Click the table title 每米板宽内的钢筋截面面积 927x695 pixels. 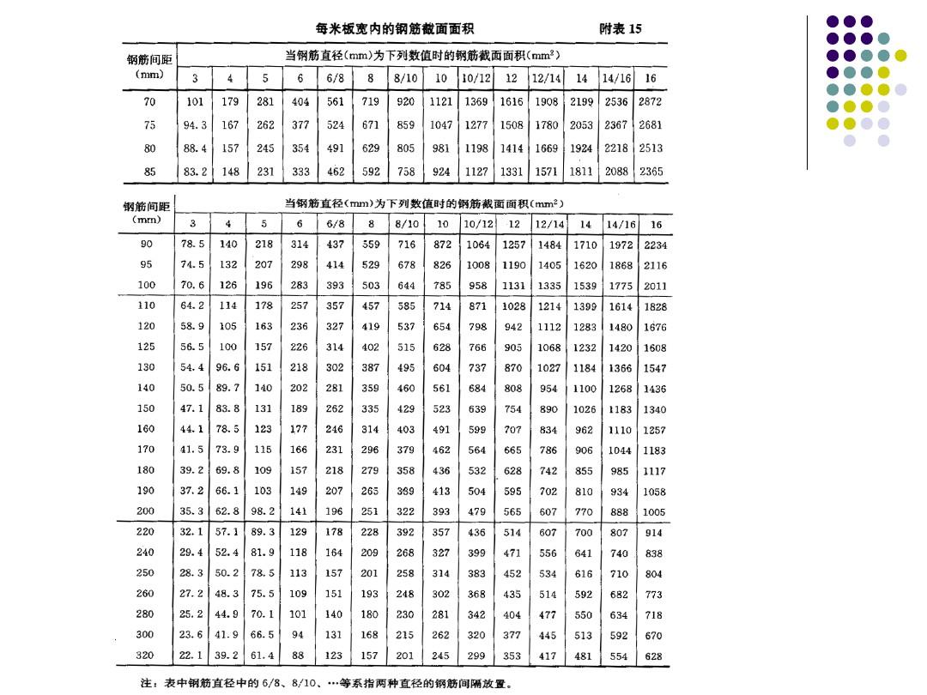click(x=394, y=28)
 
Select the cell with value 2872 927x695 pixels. click(x=650, y=101)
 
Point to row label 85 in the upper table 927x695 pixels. click(x=150, y=172)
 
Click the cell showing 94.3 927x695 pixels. click(x=195, y=124)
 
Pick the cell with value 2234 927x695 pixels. click(x=655, y=245)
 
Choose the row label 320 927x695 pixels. click(x=146, y=656)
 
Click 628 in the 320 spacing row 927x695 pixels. click(x=654, y=656)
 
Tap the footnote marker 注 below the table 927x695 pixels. click(x=147, y=685)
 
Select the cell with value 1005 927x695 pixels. click(x=654, y=512)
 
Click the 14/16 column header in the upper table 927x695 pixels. click(x=616, y=78)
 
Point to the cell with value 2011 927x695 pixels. click(x=655, y=286)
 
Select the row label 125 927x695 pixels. click(x=146, y=347)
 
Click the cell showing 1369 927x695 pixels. click(x=476, y=101)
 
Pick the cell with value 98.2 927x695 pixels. click(x=263, y=511)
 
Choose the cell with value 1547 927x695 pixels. click(x=655, y=368)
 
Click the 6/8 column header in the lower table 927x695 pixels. click(x=336, y=224)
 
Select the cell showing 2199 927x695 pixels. click(x=581, y=101)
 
